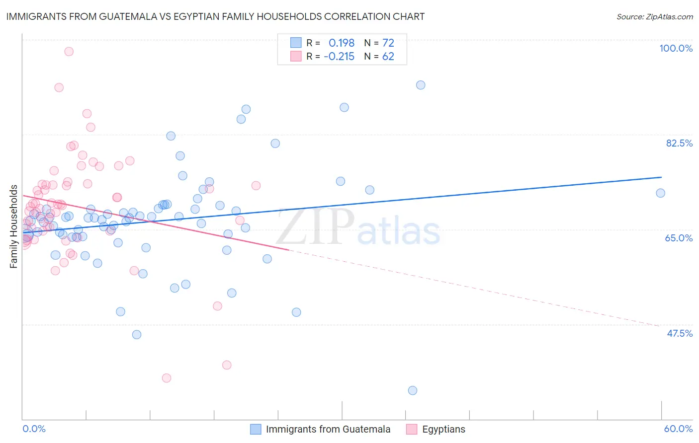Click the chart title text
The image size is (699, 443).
(x=215, y=16)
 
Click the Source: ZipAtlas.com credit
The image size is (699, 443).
(x=654, y=17)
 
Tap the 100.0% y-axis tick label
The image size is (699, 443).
(x=676, y=48)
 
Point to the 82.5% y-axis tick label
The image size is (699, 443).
(x=679, y=143)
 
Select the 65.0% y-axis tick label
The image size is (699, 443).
(x=679, y=238)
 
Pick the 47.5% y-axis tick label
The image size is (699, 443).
(x=679, y=333)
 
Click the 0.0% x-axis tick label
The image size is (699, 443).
(x=34, y=429)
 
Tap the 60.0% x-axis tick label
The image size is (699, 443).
(x=678, y=429)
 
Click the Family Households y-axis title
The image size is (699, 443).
(x=14, y=226)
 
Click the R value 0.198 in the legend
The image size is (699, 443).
(x=342, y=43)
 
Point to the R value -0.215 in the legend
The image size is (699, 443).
(x=339, y=57)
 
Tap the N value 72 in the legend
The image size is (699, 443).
(x=388, y=43)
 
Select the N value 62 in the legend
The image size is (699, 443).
(x=388, y=57)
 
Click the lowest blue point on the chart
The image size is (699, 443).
(x=413, y=390)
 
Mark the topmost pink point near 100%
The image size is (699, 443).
(x=69, y=52)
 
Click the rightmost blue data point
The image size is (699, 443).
(x=661, y=193)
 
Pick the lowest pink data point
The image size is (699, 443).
(x=167, y=378)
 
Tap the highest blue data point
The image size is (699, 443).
(x=421, y=85)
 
